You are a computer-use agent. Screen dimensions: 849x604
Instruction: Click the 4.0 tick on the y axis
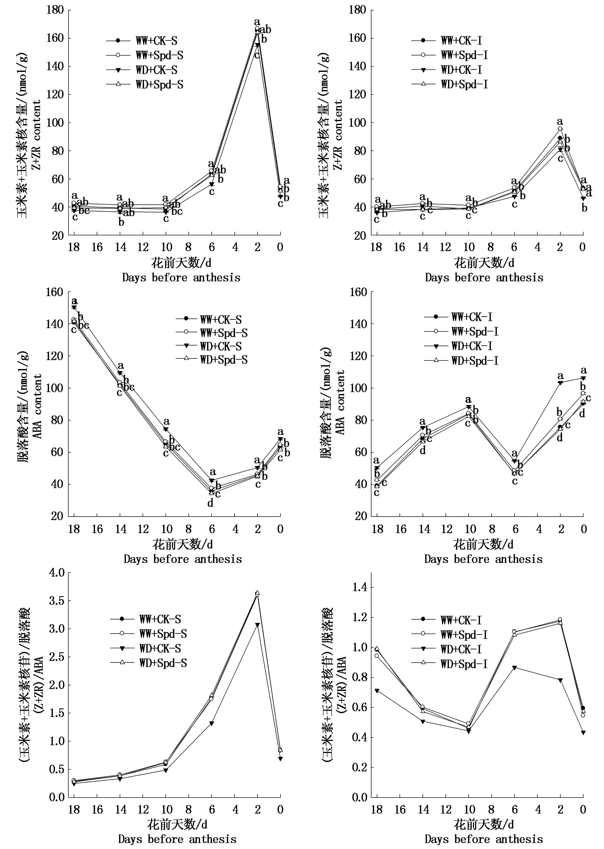56,572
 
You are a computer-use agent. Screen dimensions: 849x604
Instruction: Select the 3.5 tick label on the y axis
56,601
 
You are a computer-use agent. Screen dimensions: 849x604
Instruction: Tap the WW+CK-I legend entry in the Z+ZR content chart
461,40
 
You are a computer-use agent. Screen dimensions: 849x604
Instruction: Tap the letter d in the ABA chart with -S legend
210,503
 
